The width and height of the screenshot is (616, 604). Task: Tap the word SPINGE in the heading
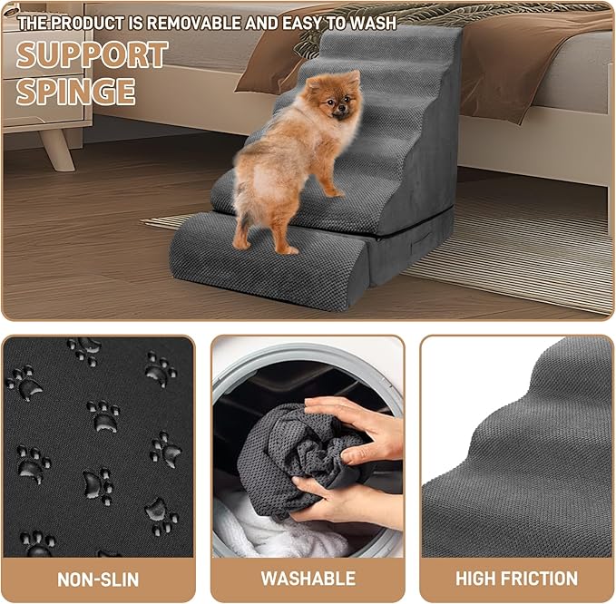tap(76, 92)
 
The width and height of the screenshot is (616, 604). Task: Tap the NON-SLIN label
tap(98, 579)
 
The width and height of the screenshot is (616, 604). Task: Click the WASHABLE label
tap(308, 579)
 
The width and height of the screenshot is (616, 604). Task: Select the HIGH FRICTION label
tap(516, 579)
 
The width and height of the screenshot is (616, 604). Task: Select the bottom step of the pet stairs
tap(263, 263)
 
